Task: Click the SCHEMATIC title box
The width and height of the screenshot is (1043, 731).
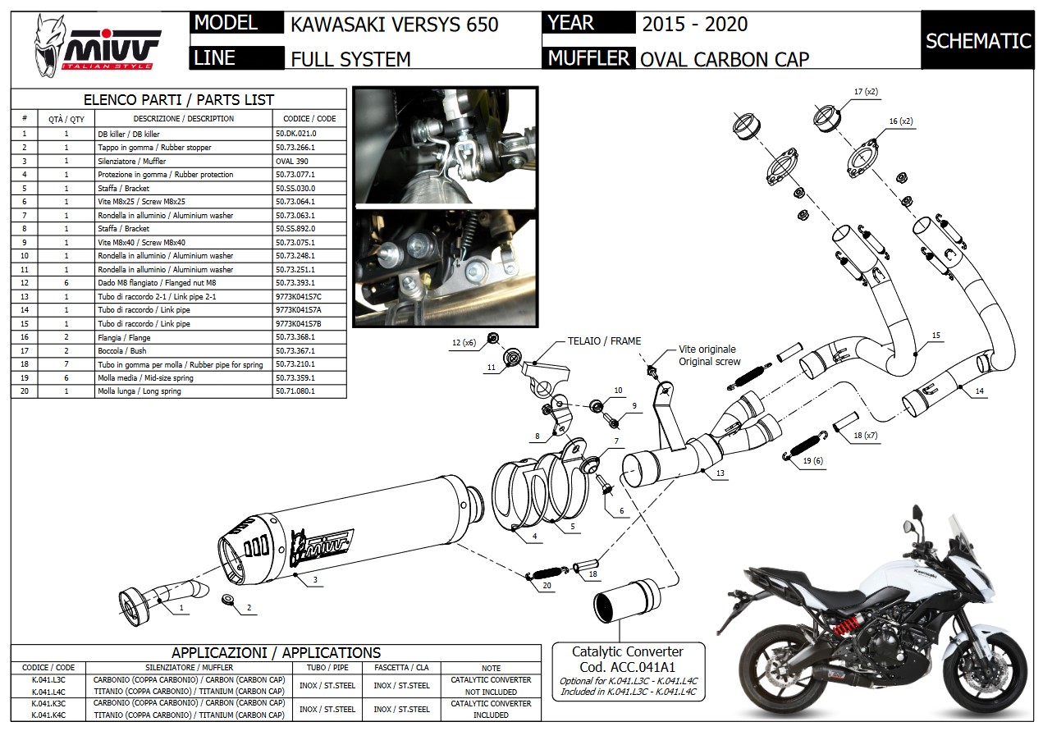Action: click(x=978, y=40)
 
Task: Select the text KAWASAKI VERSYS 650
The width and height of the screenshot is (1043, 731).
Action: click(x=394, y=25)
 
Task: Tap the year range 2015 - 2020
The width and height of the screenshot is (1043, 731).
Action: click(x=694, y=25)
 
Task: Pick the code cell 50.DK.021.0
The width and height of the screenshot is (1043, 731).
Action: click(x=296, y=133)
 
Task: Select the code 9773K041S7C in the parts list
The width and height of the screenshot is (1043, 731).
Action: click(x=299, y=296)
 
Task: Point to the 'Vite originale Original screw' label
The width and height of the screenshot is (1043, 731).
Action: click(x=707, y=355)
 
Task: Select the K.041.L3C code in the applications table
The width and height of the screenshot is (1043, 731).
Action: click(x=48, y=680)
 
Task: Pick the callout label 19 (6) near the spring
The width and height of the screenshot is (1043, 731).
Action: click(x=812, y=462)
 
